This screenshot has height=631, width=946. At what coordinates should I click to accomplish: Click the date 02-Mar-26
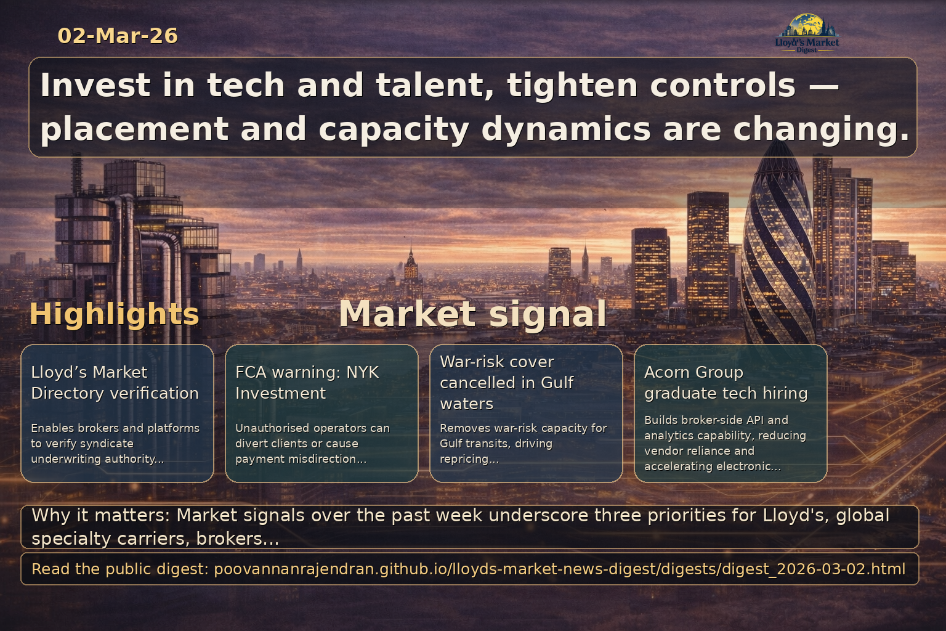click(x=118, y=36)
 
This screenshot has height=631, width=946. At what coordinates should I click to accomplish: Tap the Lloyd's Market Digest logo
click(x=807, y=33)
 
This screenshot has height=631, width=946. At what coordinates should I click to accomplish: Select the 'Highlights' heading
click(x=114, y=314)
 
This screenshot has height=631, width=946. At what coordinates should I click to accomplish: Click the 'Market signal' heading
click(x=472, y=314)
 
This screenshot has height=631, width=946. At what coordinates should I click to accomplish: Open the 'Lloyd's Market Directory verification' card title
click(x=115, y=382)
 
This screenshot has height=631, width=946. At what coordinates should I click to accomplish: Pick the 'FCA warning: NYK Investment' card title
click(x=307, y=382)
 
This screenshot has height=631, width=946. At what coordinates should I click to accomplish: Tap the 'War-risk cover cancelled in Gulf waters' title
click(x=506, y=382)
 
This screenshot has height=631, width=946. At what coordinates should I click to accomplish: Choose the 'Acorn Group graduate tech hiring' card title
click(x=726, y=382)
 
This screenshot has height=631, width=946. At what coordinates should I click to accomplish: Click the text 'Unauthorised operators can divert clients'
click(x=312, y=436)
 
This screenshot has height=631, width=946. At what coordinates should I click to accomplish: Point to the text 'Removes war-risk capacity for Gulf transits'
click(x=523, y=436)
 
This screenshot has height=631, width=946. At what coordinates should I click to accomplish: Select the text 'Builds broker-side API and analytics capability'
click(x=725, y=428)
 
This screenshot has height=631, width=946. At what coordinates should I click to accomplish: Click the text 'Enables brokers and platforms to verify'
click(x=115, y=436)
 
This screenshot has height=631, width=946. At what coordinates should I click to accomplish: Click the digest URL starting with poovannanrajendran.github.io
click(x=559, y=569)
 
